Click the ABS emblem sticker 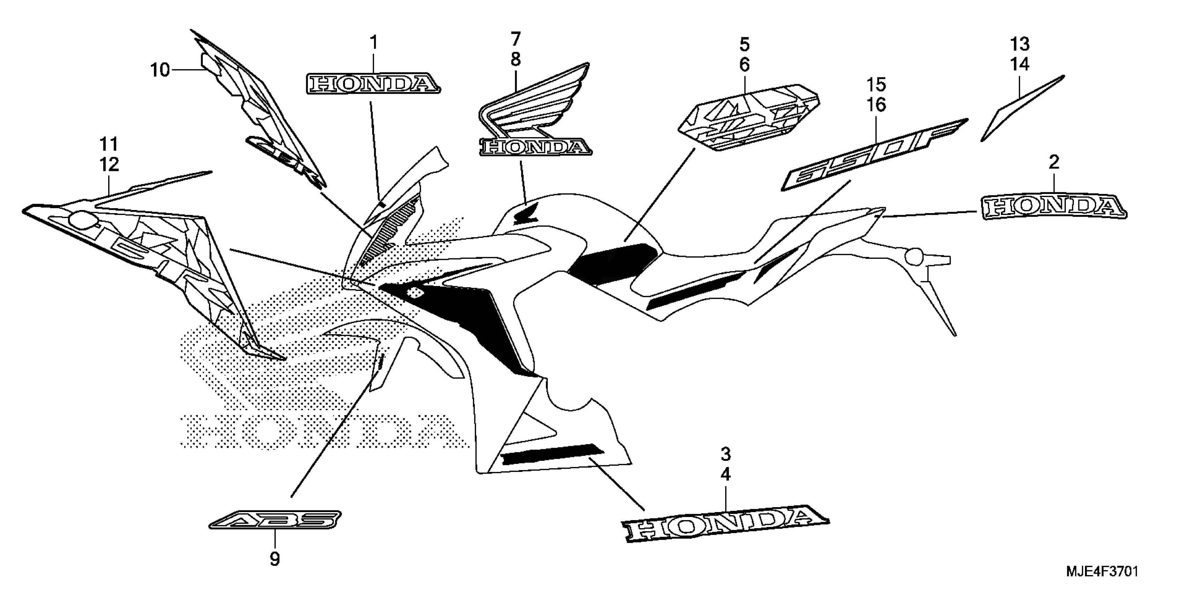pyautogui.click(x=275, y=520)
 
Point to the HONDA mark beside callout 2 pyautogui.click(x=1054, y=207)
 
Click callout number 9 pyautogui.click(x=275, y=560)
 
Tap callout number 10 pyautogui.click(x=160, y=70)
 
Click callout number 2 pyautogui.click(x=1054, y=162)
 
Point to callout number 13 pyautogui.click(x=1020, y=44)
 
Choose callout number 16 pyautogui.click(x=876, y=105)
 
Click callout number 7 pyautogui.click(x=516, y=39)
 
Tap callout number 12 pyautogui.click(x=109, y=164)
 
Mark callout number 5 pyautogui.click(x=745, y=45)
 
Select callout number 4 pyautogui.click(x=726, y=474)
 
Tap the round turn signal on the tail pyautogui.click(x=914, y=257)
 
